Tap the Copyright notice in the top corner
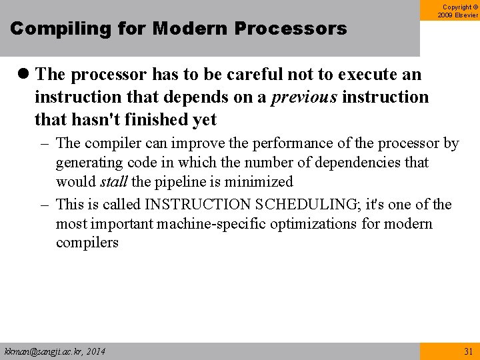click(x=457, y=11)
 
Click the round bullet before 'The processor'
click(x=25, y=74)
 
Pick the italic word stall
click(x=114, y=181)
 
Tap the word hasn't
click(x=103, y=120)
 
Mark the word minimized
click(x=260, y=181)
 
